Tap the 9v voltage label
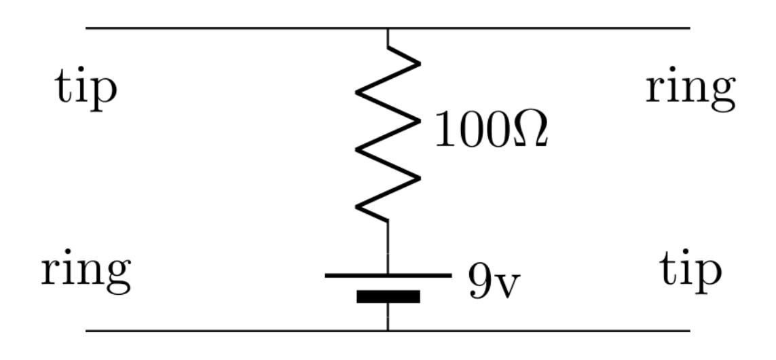point(493,281)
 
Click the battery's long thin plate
point(388,275)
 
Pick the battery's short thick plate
point(388,296)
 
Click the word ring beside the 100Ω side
point(690,92)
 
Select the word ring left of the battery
point(85,272)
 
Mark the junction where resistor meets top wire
point(388,29)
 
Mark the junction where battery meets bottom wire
point(388,331)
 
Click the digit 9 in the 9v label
point(479,280)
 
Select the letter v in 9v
point(506,285)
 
